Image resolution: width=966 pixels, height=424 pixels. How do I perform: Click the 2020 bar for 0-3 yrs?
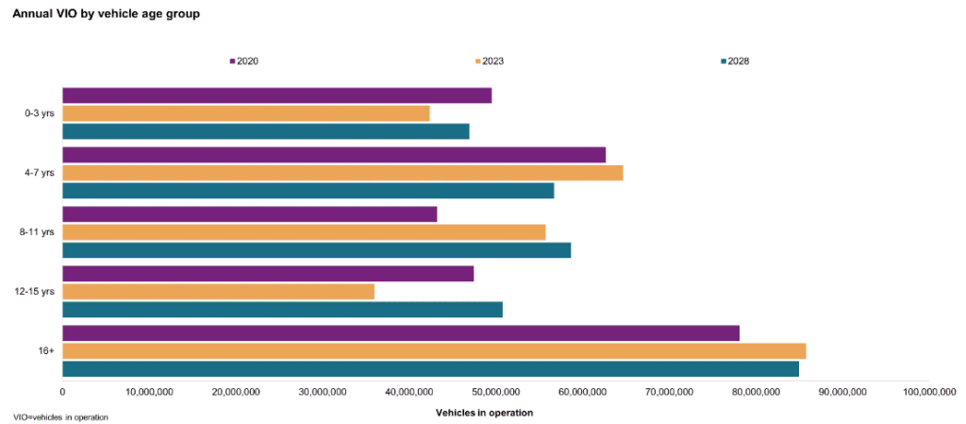pyautogui.click(x=276, y=95)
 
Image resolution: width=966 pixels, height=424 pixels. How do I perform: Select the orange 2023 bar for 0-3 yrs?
pyautogui.click(x=245, y=113)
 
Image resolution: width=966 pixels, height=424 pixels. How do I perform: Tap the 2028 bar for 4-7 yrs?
pyautogui.click(x=308, y=191)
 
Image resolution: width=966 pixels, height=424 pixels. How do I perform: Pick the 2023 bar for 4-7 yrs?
pyautogui.click(x=342, y=173)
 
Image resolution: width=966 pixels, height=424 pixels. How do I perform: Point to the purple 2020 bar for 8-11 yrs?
pyautogui.click(x=249, y=214)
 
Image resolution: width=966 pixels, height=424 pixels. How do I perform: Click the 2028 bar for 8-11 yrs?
pyautogui.click(x=316, y=250)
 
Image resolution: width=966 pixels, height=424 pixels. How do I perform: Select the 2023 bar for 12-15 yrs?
pyautogui.click(x=218, y=291)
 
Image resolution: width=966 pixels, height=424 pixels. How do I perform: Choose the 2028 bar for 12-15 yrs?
pyautogui.click(x=282, y=310)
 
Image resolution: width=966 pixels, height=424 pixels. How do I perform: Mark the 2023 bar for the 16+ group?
pyautogui.click(x=434, y=351)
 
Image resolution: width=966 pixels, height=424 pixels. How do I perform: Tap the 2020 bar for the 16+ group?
pyautogui.click(x=400, y=333)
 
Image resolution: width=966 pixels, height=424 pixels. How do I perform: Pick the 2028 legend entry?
pyautogui.click(x=735, y=61)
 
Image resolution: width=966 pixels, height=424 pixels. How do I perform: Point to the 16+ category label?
pyautogui.click(x=46, y=350)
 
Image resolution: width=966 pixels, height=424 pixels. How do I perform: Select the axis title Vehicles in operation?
pyautogui.click(x=484, y=413)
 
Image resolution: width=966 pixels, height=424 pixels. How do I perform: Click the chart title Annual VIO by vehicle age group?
pyautogui.click(x=106, y=14)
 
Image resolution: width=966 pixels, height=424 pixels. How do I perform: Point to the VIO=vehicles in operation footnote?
pyautogui.click(x=60, y=416)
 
